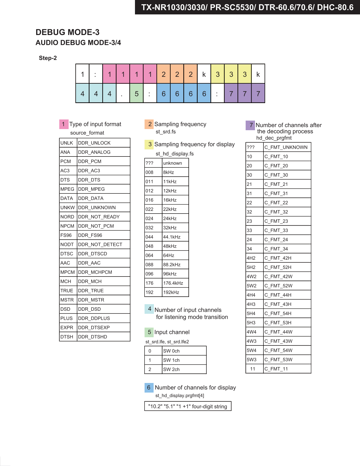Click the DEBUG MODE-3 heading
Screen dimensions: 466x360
(67, 32)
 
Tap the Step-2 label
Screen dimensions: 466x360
(48, 58)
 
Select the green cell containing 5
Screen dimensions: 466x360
(136, 93)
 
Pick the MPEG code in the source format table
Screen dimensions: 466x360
(67, 189)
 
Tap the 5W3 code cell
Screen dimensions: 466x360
(252, 360)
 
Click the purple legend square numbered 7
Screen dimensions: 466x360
(250, 125)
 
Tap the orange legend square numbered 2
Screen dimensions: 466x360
(149, 124)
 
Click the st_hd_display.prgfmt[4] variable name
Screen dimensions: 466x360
(180, 396)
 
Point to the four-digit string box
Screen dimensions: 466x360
(188, 406)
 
